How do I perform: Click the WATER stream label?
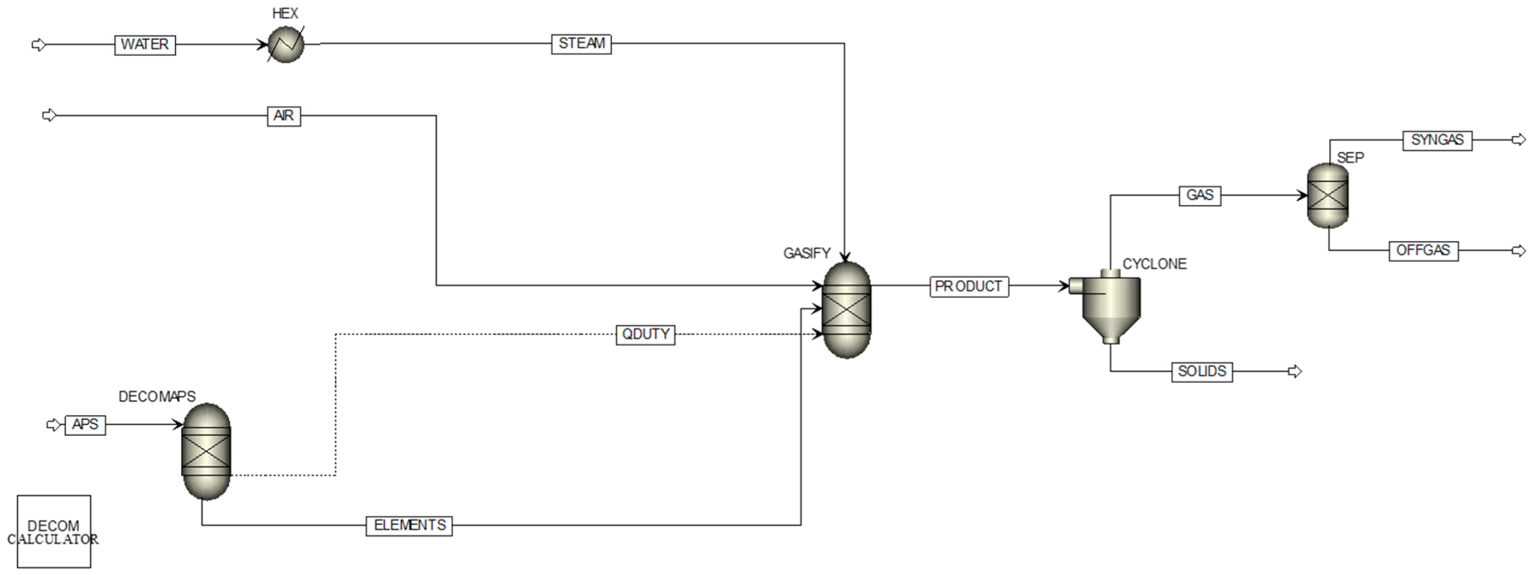tap(145, 45)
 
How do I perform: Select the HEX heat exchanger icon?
tap(286, 45)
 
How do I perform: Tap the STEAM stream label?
tap(581, 44)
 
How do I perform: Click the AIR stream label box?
tap(284, 116)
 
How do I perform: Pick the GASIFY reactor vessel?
tap(846, 310)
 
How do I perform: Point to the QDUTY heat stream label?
tap(646, 335)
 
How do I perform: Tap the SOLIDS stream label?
tap(1202, 371)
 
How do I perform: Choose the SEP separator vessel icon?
tap(1327, 195)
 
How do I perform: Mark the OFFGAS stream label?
tap(1423, 250)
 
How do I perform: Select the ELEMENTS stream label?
tap(409, 526)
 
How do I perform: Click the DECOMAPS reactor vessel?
tap(206, 451)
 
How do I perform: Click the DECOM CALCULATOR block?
tap(54, 531)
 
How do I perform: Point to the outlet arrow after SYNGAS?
tap(1519, 140)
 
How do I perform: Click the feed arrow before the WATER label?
tap(38, 45)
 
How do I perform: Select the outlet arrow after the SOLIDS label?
tap(1295, 371)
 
